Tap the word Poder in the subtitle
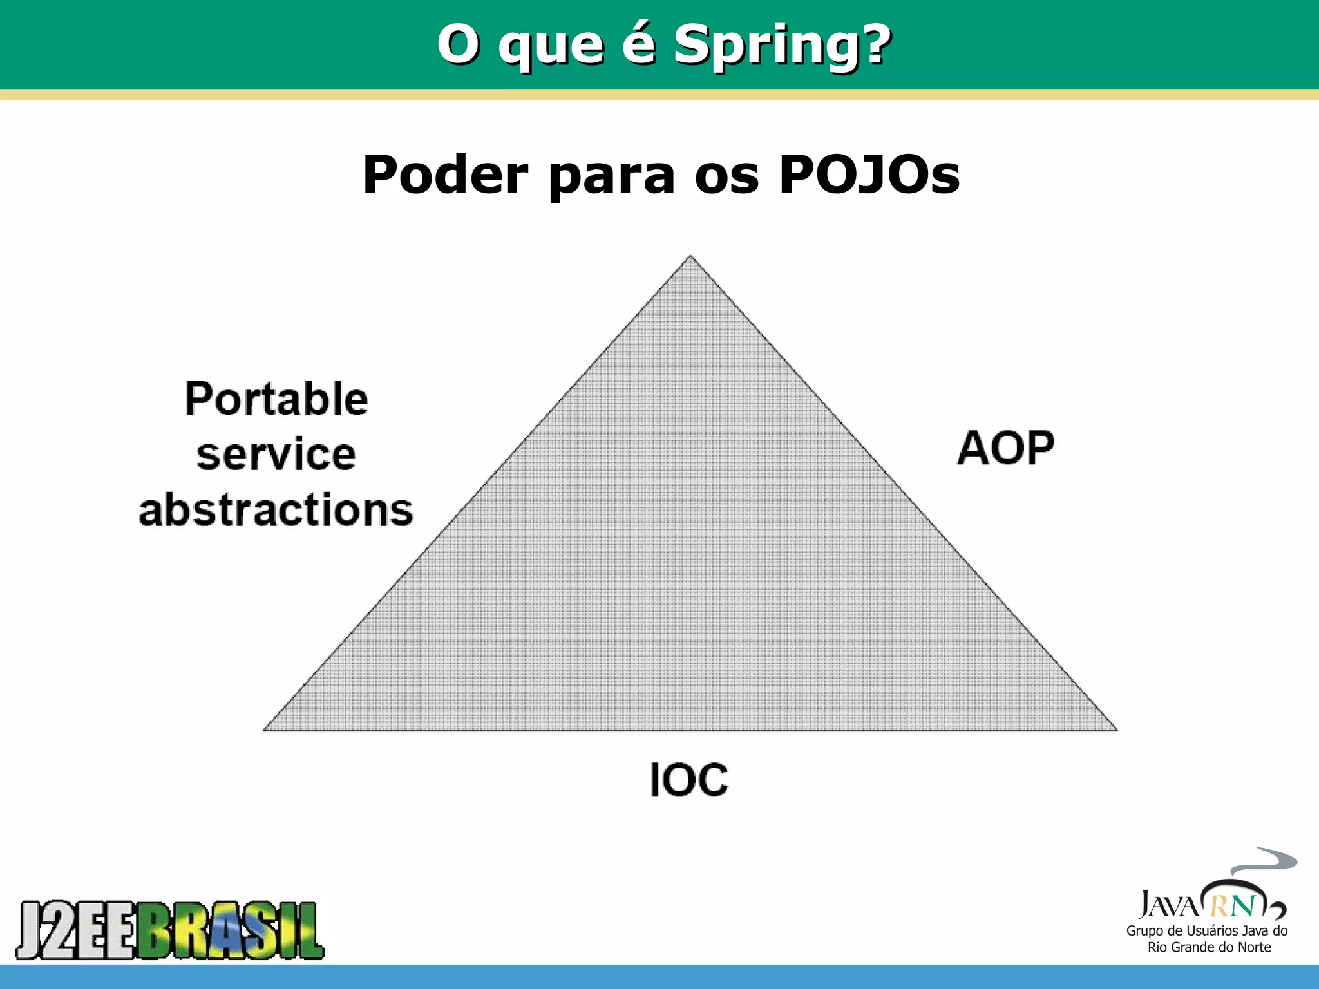445,174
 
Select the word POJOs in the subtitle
869,174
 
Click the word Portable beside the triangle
276,399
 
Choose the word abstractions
276,510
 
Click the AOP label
1005,448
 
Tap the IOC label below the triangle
688,780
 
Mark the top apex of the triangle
690,257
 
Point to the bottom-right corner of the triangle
1116,729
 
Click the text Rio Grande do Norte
1209,947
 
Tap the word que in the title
551,46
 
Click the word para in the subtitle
611,176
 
